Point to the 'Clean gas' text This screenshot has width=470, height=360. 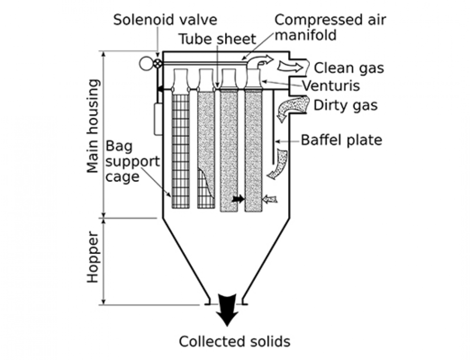(348, 68)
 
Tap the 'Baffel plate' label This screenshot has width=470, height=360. (341, 140)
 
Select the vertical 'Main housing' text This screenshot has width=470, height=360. (94, 133)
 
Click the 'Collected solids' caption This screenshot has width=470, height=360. (234, 342)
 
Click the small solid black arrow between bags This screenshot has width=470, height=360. (238, 199)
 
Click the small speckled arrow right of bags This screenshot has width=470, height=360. (270, 199)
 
